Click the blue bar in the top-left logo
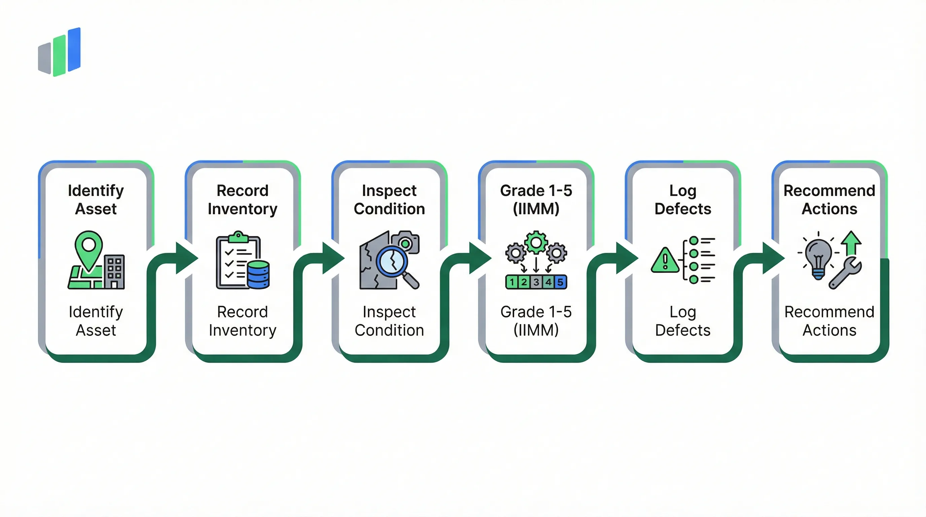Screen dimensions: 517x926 click(x=74, y=49)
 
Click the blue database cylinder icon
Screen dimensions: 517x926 click(x=258, y=274)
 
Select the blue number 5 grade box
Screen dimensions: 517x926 click(x=560, y=282)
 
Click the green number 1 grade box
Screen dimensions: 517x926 click(x=512, y=282)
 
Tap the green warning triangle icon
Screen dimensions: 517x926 click(x=665, y=261)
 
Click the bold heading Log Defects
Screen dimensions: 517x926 click(x=683, y=200)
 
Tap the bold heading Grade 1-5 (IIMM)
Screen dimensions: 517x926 click(x=536, y=200)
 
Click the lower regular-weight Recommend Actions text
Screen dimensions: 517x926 click(x=829, y=321)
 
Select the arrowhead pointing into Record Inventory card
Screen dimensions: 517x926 click(x=186, y=258)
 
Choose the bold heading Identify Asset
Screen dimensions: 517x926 click(x=96, y=200)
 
